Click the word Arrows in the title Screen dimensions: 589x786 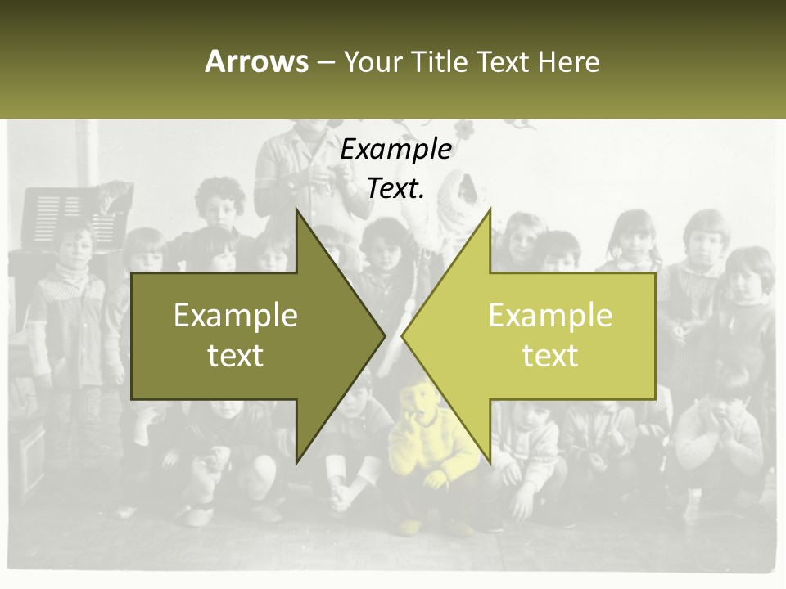click(256, 61)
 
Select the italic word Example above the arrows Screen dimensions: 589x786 click(395, 149)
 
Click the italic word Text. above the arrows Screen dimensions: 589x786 click(395, 188)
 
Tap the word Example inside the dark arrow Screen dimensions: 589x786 click(236, 315)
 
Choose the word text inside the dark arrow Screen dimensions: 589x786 click(236, 355)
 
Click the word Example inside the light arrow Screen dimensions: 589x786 click(550, 315)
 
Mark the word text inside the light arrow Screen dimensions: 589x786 click(550, 355)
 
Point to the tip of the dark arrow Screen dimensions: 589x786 click(384, 335)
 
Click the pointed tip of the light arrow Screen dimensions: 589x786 click(403, 335)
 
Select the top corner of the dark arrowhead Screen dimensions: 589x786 click(296, 209)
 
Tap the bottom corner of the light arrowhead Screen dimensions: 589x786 click(490, 461)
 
